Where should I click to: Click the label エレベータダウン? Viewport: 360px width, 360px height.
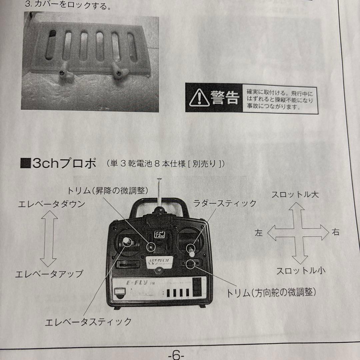click(51, 204)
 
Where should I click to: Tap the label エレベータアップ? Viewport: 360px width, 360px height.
click(49, 274)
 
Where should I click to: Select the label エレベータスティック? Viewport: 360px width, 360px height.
click(88, 322)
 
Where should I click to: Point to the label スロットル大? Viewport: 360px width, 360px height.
click(295, 195)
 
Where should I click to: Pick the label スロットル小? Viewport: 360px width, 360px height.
click(301, 271)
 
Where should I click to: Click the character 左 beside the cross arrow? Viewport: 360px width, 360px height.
click(259, 233)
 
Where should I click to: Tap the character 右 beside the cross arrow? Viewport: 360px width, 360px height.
click(335, 232)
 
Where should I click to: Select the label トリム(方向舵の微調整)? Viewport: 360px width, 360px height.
click(271, 293)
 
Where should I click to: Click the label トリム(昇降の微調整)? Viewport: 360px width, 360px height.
click(107, 190)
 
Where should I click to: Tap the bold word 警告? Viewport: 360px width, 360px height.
click(225, 98)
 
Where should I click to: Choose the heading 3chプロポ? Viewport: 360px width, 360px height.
click(59, 164)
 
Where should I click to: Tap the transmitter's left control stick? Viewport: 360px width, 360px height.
click(127, 242)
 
